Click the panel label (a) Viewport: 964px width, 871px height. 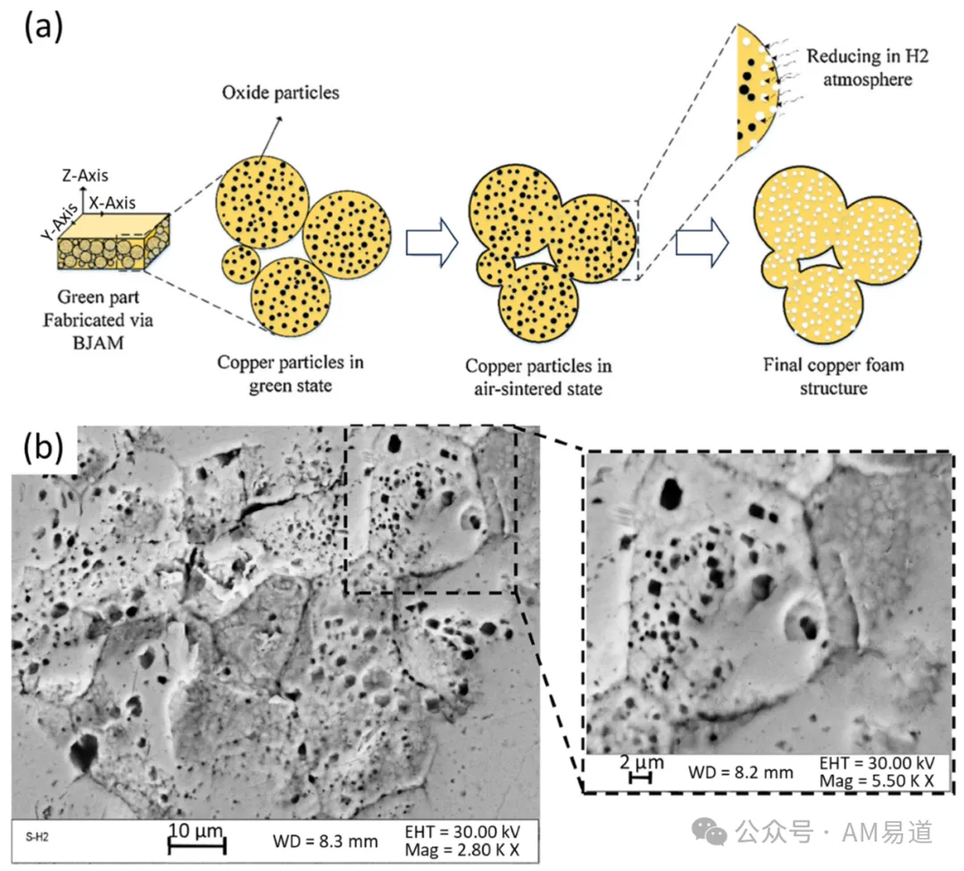(x=43, y=28)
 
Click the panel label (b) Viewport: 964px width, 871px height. (x=43, y=448)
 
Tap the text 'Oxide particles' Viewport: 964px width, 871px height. (x=280, y=93)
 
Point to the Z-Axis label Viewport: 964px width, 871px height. (x=85, y=175)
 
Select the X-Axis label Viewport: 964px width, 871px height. (x=112, y=203)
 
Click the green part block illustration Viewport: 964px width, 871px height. (x=113, y=242)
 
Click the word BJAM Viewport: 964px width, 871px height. (x=98, y=343)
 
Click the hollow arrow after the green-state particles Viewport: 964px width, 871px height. (x=432, y=242)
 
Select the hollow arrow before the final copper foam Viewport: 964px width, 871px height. (x=702, y=242)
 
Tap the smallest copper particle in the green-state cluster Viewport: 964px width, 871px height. (x=240, y=264)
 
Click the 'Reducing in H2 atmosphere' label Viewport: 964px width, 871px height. (x=868, y=68)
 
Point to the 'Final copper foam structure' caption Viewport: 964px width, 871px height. (x=834, y=376)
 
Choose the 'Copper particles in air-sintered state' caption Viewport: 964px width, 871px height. (x=538, y=377)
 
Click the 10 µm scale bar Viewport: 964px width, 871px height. (x=196, y=846)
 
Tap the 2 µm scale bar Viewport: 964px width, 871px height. (x=641, y=778)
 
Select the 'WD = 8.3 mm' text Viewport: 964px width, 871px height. (x=325, y=842)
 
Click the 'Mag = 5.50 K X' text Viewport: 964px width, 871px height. (x=877, y=781)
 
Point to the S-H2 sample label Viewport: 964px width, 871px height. (x=37, y=837)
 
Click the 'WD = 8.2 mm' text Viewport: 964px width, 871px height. (x=741, y=773)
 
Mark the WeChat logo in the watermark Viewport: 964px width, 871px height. (x=709, y=832)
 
